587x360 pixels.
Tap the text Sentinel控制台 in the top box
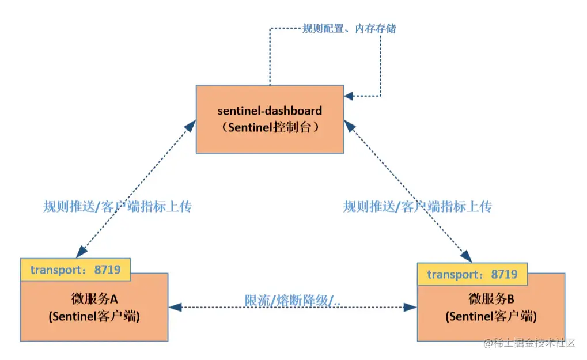pyautogui.click(x=270, y=128)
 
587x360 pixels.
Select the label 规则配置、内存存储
pyautogui.click(x=349, y=28)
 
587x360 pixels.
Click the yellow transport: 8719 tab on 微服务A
pyautogui.click(x=75, y=270)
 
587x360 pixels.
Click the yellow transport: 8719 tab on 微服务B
pyautogui.click(x=472, y=274)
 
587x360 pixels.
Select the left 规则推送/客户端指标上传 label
pyautogui.click(x=117, y=207)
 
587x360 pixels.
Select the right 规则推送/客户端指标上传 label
pyautogui.click(x=417, y=207)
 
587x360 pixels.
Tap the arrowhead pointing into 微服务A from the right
pyautogui.click(x=175, y=308)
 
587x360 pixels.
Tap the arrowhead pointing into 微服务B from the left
pyautogui.click(x=411, y=308)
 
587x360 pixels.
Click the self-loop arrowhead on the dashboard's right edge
pyautogui.click(x=350, y=96)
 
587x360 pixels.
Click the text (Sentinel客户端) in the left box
pyautogui.click(x=94, y=316)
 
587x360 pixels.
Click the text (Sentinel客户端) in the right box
pyautogui.click(x=491, y=317)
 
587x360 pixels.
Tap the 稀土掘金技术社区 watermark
pyautogui.click(x=528, y=343)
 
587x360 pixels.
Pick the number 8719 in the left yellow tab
pyautogui.click(x=107, y=270)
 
